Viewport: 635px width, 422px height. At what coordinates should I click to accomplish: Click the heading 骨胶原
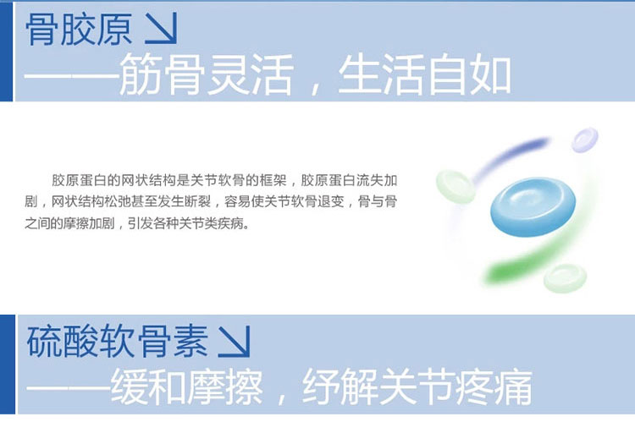point(79,29)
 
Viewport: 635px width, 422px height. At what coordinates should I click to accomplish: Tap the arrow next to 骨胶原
point(161,28)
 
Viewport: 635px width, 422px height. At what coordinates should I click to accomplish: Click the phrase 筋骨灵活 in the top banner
point(206,75)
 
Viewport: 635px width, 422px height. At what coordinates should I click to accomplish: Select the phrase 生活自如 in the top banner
point(424,75)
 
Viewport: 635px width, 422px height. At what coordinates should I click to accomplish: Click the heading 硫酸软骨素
point(118,341)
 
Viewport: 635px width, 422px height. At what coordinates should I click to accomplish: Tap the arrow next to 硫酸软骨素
point(234,342)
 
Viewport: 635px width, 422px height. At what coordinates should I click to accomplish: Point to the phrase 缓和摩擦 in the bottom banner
point(187,386)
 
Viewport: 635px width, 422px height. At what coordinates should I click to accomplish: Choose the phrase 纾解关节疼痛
point(417,386)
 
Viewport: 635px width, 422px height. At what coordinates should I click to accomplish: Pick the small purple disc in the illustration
point(585,140)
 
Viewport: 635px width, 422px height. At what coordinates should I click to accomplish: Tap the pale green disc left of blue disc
point(456,187)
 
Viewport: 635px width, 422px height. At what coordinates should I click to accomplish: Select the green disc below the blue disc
point(565,278)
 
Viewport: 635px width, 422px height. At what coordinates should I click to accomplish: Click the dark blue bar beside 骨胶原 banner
point(7,52)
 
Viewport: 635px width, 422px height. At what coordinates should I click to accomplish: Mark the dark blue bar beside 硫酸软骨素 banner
point(8,364)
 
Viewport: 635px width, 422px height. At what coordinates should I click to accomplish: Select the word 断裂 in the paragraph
point(197,201)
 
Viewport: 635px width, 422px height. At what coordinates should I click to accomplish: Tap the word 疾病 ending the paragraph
point(231,223)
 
